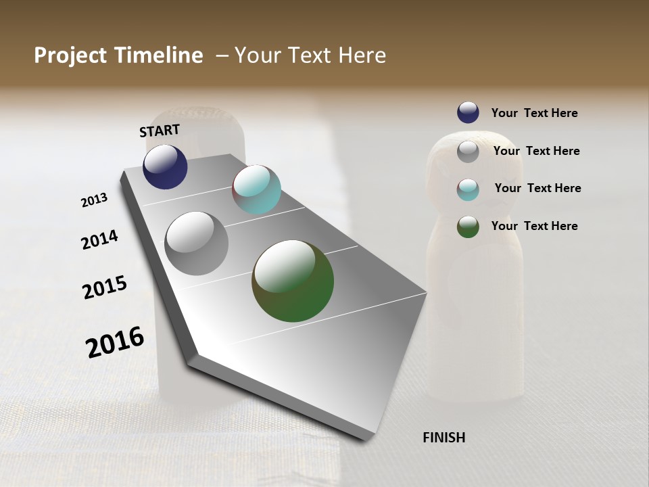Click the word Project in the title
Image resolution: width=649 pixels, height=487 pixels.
(71, 55)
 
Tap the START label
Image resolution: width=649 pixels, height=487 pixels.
(160, 130)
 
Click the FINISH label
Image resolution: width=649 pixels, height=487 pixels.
(444, 438)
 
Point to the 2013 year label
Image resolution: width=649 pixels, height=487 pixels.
(94, 200)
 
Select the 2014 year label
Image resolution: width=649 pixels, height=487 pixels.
(99, 239)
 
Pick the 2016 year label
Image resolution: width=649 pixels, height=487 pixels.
(115, 342)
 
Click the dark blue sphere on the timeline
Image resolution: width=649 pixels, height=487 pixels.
(165, 166)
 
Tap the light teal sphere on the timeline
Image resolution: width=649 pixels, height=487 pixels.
(256, 189)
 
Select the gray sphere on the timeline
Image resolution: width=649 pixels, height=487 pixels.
(197, 243)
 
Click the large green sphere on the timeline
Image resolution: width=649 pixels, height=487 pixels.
(293, 281)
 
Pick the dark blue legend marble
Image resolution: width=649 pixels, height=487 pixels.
(468, 113)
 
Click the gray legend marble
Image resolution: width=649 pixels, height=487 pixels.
(468, 152)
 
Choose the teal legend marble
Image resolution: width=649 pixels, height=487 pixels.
(468, 189)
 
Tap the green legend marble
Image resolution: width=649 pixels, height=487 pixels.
(468, 227)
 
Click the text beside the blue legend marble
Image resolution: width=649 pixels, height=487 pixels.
(534, 113)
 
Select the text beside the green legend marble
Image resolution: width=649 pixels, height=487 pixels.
(534, 226)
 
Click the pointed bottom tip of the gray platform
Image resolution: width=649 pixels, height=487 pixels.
(365, 438)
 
